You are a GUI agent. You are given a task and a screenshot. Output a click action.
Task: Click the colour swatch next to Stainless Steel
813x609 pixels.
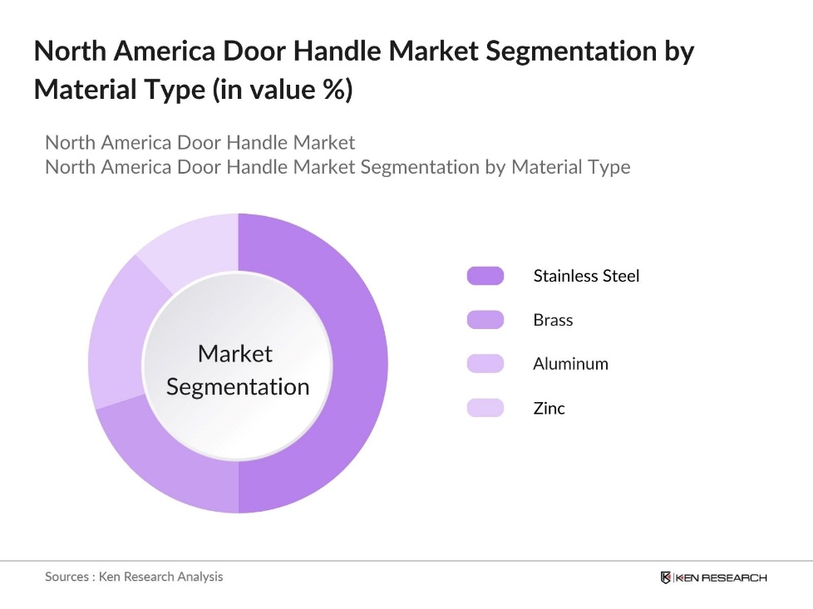pyautogui.click(x=485, y=276)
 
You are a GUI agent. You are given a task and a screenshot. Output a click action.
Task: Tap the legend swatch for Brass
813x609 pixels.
pyautogui.click(x=485, y=320)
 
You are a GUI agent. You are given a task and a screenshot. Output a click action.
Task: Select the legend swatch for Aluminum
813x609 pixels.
pyautogui.click(x=485, y=364)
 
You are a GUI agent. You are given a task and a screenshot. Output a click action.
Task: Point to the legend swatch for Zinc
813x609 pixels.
pyautogui.click(x=485, y=408)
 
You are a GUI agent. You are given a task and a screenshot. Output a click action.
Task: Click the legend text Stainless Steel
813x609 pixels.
pyautogui.click(x=586, y=276)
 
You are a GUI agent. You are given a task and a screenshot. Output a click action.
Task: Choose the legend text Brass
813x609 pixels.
pyautogui.click(x=553, y=320)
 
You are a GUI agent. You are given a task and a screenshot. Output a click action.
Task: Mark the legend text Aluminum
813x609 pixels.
pyautogui.click(x=570, y=364)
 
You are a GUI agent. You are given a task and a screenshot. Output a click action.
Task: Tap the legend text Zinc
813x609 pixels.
pyautogui.click(x=549, y=408)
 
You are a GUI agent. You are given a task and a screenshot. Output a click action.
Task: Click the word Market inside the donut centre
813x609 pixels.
pyautogui.click(x=235, y=354)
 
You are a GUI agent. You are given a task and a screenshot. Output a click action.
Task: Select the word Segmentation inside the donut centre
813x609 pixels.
pyautogui.click(x=238, y=387)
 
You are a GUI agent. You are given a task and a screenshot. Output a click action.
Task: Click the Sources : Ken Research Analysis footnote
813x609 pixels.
pyautogui.click(x=134, y=577)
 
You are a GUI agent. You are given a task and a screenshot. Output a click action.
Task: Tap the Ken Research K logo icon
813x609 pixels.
pyautogui.click(x=666, y=577)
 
